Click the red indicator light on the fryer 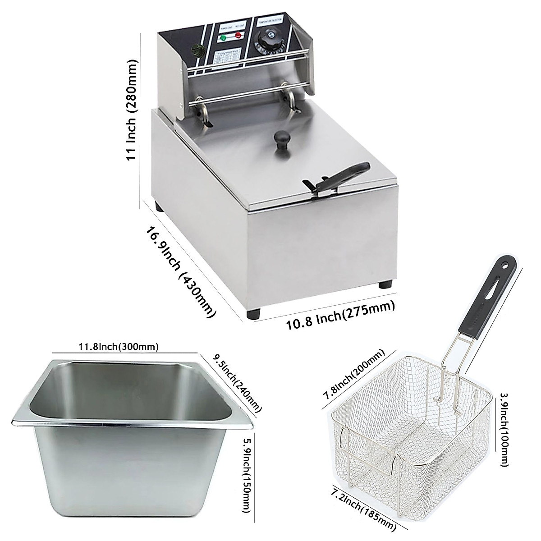click(236, 37)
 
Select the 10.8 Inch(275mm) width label click(341, 315)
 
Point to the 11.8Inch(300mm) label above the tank click(119, 347)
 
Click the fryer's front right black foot click(386, 284)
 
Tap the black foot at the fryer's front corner click(253, 314)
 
